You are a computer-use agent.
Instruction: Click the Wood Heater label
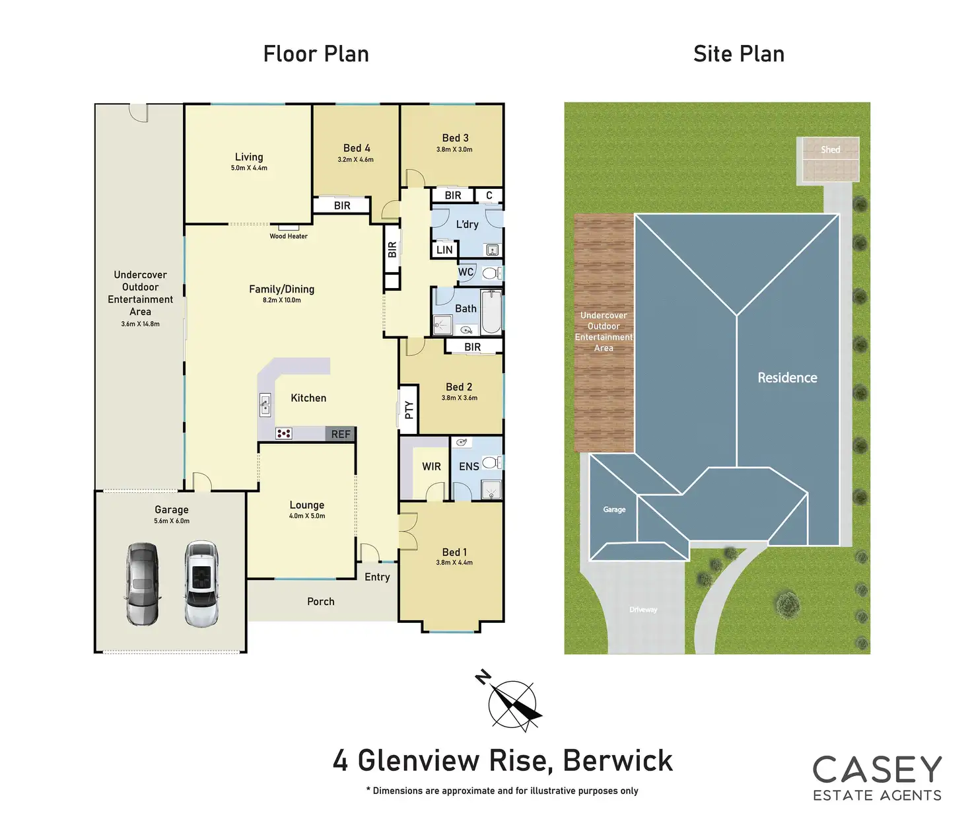point(289,236)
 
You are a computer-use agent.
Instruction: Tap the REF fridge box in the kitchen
point(341,434)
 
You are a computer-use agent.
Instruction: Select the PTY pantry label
point(409,410)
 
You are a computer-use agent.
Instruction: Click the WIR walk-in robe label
point(431,466)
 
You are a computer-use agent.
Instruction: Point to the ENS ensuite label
point(469,466)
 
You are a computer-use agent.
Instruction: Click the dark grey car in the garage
point(143,584)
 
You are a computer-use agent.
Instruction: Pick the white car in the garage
point(201,584)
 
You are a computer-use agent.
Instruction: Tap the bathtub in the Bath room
point(491,311)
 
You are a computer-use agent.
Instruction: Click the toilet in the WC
point(490,273)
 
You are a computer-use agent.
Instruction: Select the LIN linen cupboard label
point(444,250)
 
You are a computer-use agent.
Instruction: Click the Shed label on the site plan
point(830,150)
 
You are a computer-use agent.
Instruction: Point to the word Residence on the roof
point(787,378)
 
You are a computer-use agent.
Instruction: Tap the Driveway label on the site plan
point(643,610)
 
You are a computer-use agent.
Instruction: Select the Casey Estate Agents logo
point(877,778)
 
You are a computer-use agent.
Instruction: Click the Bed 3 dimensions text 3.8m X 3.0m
point(454,150)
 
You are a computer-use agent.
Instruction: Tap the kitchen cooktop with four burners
point(284,434)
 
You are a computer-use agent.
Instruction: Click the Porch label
point(321,602)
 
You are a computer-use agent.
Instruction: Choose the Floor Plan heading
point(316,54)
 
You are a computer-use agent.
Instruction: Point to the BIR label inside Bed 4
point(342,205)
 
